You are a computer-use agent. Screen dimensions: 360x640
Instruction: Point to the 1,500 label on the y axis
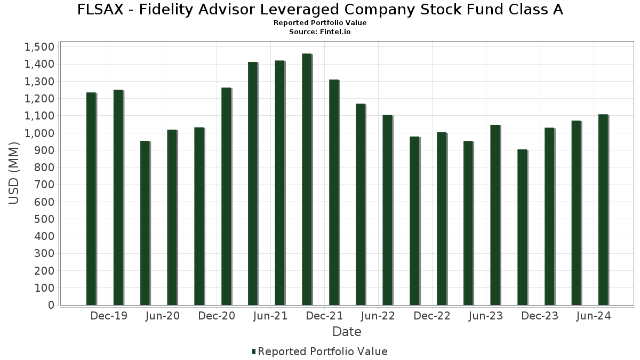point(39,47)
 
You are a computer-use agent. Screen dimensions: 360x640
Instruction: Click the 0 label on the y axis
point(51,305)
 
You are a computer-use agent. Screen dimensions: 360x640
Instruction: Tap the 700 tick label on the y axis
point(43,185)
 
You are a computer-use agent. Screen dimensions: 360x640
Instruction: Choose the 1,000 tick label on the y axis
point(39,133)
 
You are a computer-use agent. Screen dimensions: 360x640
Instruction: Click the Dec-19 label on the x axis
point(109,316)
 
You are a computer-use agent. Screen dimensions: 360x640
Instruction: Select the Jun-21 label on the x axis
point(270,316)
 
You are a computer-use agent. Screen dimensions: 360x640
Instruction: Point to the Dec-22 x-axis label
point(432,316)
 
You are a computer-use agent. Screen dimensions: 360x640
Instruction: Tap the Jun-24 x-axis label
point(594,316)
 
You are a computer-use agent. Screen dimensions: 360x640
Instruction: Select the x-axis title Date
point(347,332)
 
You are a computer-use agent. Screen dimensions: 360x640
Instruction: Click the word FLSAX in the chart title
point(100,10)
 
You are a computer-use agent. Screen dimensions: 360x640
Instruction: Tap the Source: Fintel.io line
point(320,31)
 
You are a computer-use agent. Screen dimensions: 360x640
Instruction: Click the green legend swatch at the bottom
point(254,351)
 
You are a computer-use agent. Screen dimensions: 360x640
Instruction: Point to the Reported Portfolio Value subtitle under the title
point(320,23)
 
